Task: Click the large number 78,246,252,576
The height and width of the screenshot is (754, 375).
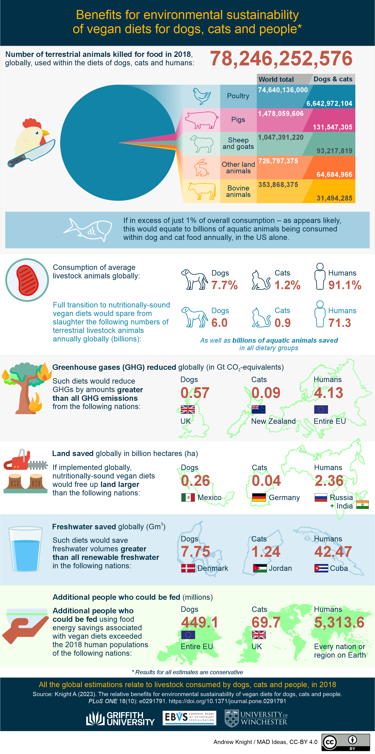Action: [281, 58]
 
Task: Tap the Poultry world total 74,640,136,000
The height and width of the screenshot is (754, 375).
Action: [283, 90]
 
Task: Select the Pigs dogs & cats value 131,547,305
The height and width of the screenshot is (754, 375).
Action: [332, 127]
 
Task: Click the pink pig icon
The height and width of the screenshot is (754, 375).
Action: [201, 120]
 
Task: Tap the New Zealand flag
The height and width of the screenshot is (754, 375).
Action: [259, 409]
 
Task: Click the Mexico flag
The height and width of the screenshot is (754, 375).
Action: [188, 497]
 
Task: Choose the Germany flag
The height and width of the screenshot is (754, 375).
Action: [259, 497]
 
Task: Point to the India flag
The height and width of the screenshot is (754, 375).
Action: [362, 505]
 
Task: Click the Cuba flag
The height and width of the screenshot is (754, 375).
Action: [321, 568]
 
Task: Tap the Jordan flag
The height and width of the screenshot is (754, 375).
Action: [260, 568]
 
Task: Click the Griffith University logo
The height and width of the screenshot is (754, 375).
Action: [120, 719]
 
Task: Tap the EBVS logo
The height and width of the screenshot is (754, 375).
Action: [189, 718]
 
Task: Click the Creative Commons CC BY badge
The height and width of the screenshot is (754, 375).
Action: [345, 742]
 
